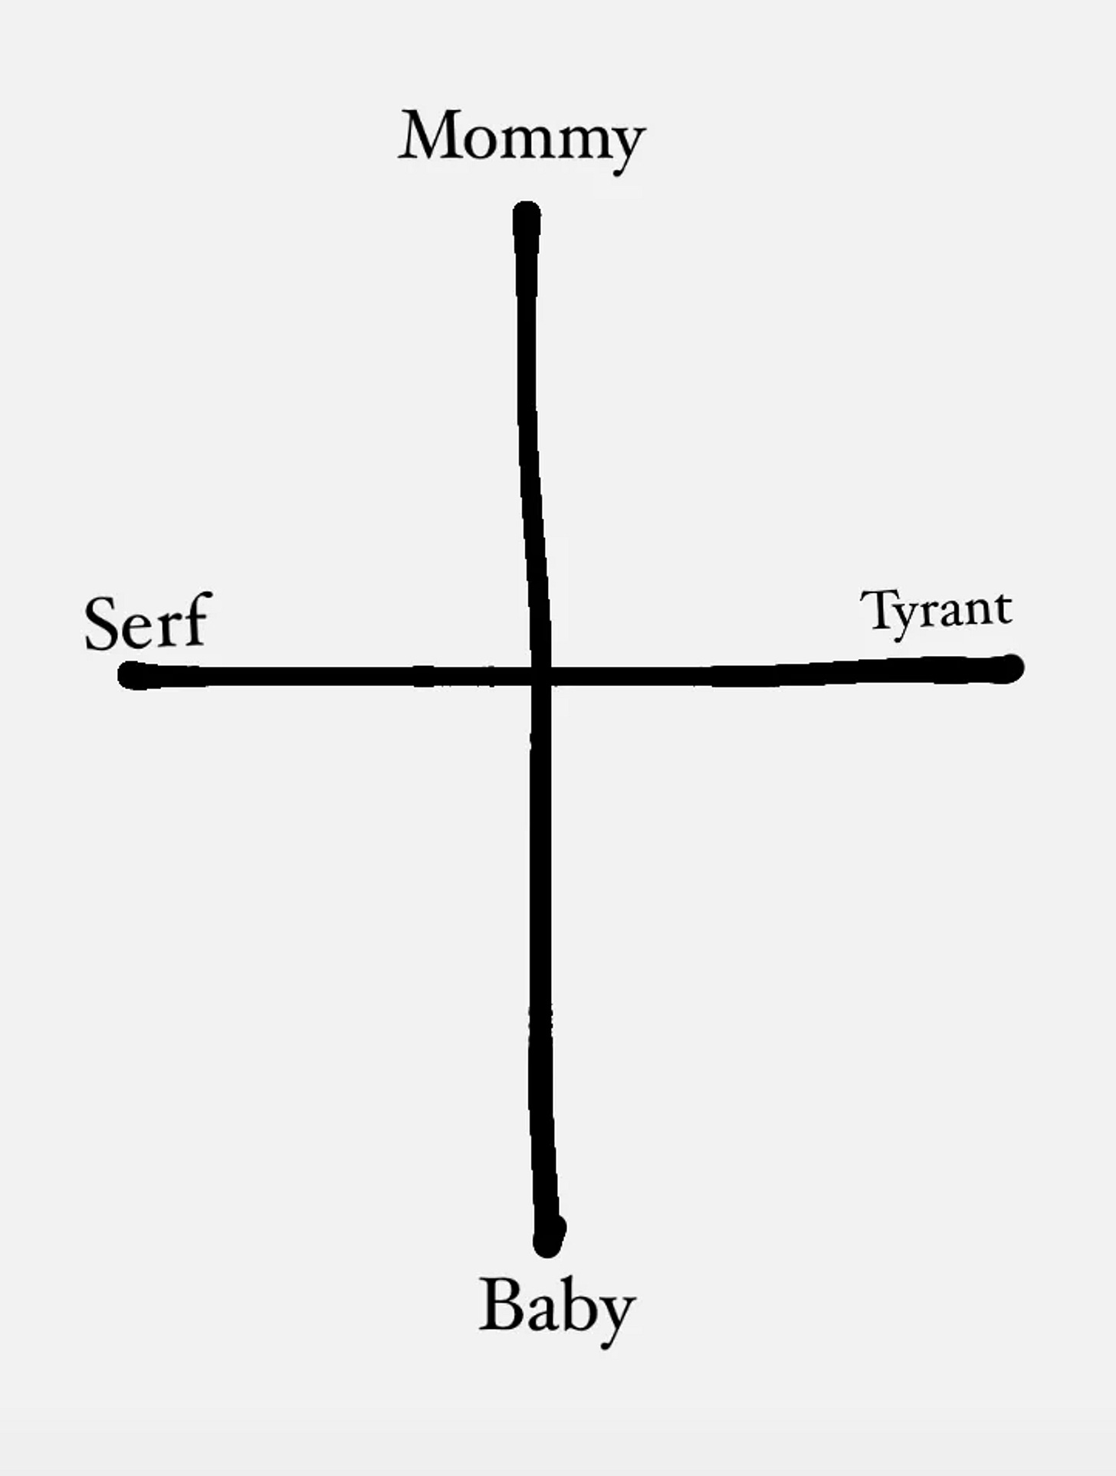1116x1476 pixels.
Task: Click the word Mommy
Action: (x=522, y=138)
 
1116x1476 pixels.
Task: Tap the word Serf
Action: (x=146, y=622)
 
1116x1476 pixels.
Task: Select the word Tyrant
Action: (x=936, y=611)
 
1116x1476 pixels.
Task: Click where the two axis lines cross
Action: (x=540, y=676)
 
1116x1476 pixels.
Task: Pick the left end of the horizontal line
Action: (x=132, y=675)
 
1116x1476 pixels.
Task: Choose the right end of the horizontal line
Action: (x=1012, y=668)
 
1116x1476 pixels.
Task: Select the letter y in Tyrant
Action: (x=908, y=617)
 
